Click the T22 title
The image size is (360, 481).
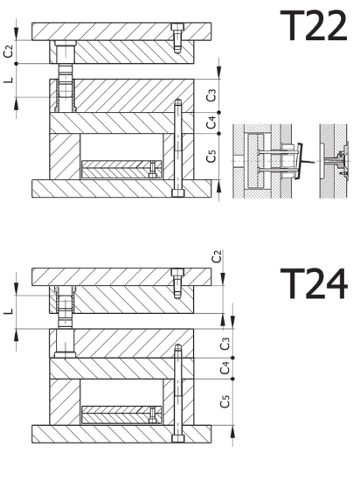coord(314,25)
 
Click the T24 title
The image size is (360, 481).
coord(314,283)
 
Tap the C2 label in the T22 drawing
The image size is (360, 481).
coord(9,52)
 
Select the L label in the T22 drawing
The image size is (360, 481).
coord(9,80)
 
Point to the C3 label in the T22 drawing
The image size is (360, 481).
coord(211,95)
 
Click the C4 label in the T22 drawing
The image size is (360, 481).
coord(211,122)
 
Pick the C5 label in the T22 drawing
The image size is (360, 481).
coord(211,156)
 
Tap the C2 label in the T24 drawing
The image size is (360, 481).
coord(217,257)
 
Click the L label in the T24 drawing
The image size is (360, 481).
coord(9,311)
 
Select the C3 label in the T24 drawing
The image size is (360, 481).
coord(225,344)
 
